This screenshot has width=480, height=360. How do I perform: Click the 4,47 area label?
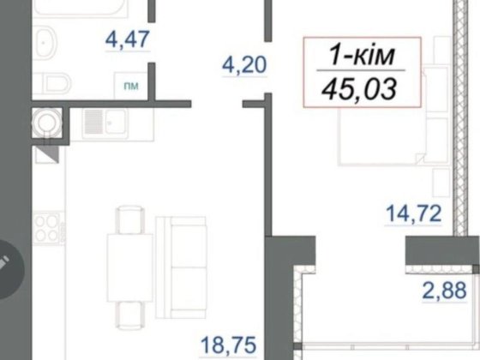pyautogui.click(x=128, y=39)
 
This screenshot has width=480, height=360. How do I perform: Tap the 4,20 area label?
pyautogui.click(x=244, y=65)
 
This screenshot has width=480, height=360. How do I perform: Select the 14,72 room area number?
pyautogui.click(x=413, y=213)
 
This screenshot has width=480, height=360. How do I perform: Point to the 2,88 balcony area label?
pyautogui.click(x=444, y=291)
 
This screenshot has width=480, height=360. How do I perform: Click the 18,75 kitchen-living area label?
pyautogui.click(x=228, y=345)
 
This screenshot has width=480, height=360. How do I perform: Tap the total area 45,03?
pyautogui.click(x=359, y=89)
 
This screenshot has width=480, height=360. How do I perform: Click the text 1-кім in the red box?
pyautogui.click(x=362, y=56)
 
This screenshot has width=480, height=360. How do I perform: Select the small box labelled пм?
pyautogui.click(x=131, y=86)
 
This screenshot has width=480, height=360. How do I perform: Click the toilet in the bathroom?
pyautogui.click(x=52, y=83)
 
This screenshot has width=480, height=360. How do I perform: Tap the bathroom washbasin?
pyautogui.click(x=45, y=43)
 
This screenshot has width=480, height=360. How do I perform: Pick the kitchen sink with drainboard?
pyautogui.click(x=105, y=122)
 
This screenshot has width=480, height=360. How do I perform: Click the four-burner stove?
pyautogui.click(x=48, y=229)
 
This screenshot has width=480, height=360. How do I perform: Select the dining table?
pyautogui.click(x=129, y=267)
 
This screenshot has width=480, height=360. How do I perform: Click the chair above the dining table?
pyautogui.click(x=129, y=220)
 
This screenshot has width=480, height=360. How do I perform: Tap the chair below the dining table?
pyautogui.click(x=129, y=315)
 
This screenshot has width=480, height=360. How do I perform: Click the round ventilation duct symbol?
pyautogui.click(x=47, y=123)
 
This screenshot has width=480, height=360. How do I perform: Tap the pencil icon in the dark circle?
pyautogui.click(x=3, y=262)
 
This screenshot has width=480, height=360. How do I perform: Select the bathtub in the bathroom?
pyautogui.click(x=81, y=8)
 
